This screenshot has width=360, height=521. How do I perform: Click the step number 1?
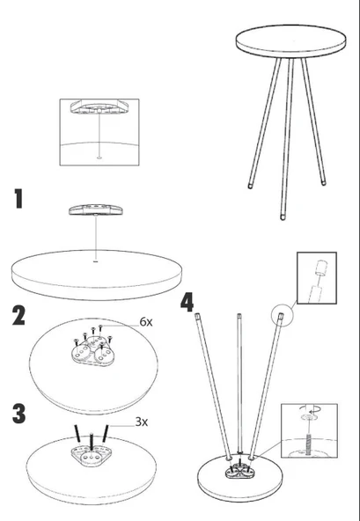[19, 199]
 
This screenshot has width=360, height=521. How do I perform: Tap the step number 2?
[18, 315]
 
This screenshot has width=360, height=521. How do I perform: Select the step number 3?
[19, 414]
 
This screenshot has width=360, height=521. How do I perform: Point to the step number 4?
[187, 302]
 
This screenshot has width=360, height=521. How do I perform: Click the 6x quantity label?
[146, 321]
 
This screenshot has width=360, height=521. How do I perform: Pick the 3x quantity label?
[142, 422]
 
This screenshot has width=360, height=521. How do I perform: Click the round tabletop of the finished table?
[290, 40]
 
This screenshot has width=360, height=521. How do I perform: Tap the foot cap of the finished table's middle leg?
[283, 217]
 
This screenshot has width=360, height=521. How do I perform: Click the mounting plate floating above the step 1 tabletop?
[96, 209]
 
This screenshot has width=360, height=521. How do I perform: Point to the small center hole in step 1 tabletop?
[96, 262]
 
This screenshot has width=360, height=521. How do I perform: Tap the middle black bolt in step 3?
[92, 441]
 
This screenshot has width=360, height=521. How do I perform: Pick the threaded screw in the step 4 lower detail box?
[308, 443]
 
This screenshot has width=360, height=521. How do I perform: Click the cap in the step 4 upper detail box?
[320, 268]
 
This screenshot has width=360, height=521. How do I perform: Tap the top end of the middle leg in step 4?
[239, 315]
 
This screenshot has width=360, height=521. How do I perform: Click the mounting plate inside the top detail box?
[99, 107]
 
